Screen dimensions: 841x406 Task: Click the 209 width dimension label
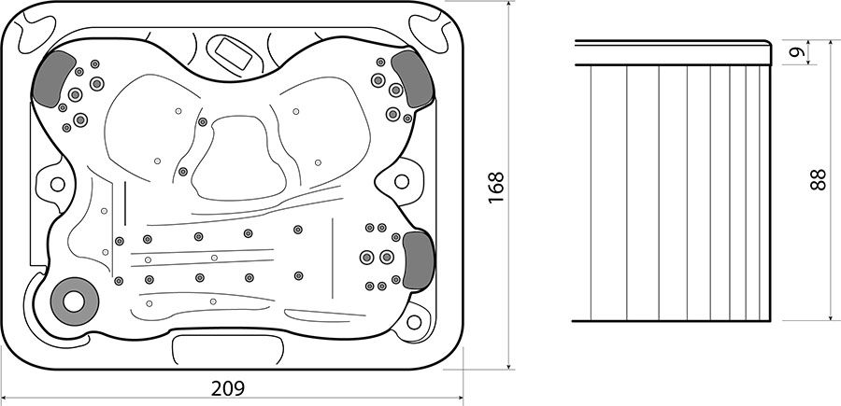(x=227, y=388)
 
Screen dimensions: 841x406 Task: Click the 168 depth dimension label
(x=497, y=187)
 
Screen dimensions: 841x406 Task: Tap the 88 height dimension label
(x=819, y=179)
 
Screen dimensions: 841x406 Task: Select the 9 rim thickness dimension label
(x=799, y=52)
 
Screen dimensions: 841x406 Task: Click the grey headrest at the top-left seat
(x=52, y=78)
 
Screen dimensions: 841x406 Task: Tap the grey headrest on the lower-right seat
(x=419, y=260)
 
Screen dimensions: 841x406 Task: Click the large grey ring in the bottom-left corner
(x=74, y=301)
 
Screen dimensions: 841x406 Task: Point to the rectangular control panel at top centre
(x=234, y=52)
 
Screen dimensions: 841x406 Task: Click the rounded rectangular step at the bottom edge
(x=228, y=350)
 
